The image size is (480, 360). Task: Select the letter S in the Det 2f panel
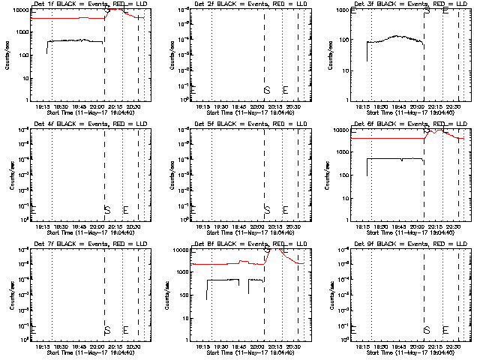[267, 90]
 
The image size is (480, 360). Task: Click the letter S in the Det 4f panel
[106, 210]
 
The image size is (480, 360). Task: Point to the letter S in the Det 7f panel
[106, 330]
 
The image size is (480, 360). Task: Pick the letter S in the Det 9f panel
[427, 330]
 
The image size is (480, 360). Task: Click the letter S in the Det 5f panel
[267, 210]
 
